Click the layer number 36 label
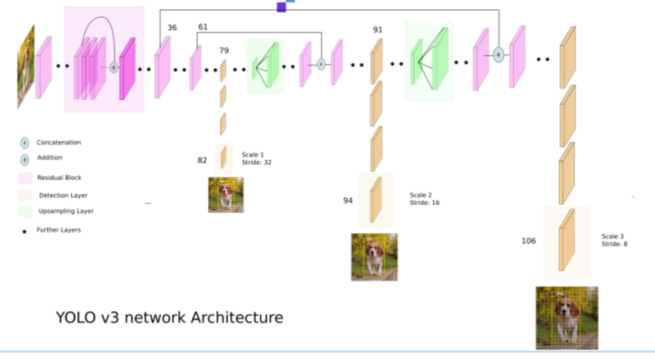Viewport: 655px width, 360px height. point(172,28)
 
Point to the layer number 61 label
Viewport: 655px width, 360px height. point(203,27)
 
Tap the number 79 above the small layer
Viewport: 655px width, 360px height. point(224,50)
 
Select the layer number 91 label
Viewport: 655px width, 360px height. point(378,30)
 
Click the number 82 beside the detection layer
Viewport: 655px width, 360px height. point(202,161)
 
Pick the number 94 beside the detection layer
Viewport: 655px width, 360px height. point(348,201)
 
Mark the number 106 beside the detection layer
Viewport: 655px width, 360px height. point(528,241)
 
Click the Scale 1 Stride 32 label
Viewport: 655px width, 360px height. point(257,159)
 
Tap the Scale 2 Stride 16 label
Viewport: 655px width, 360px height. point(424,199)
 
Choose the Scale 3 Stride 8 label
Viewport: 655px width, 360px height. point(613,240)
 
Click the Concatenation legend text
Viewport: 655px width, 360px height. point(59,143)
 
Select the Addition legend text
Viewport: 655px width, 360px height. point(49,158)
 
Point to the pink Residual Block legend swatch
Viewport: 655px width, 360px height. point(25,178)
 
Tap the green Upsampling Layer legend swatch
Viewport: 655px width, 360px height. point(25,212)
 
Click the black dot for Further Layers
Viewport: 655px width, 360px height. point(25,231)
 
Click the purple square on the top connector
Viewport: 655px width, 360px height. point(281,7)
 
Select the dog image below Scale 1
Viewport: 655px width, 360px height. point(226,195)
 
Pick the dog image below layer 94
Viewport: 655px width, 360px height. point(374,257)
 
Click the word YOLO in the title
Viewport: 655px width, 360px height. point(75,317)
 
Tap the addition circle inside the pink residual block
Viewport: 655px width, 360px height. point(114,67)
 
